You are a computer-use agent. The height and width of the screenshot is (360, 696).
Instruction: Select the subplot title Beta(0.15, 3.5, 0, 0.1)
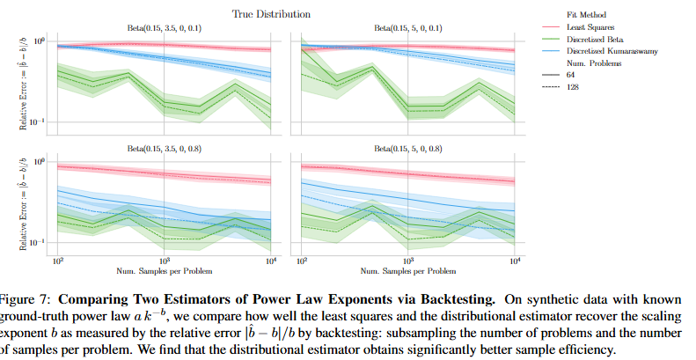click(x=165, y=28)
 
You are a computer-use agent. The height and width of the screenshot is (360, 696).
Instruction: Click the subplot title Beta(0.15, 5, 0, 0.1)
click(x=407, y=28)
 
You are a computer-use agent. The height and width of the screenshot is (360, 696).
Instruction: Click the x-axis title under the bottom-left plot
click(x=165, y=268)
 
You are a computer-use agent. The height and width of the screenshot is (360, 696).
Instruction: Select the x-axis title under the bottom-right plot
click(x=407, y=268)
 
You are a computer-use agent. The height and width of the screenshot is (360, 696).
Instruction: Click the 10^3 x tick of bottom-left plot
click(x=165, y=261)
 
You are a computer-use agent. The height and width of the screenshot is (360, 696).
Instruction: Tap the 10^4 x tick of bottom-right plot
click(x=514, y=261)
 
